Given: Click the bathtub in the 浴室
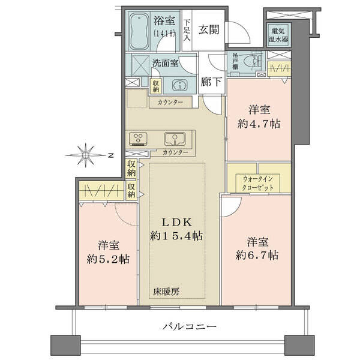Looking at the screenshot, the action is (139, 31).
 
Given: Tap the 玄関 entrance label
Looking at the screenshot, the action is (209, 30).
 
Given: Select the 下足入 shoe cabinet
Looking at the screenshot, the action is (187, 31).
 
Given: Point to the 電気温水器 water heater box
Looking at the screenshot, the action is (278, 35).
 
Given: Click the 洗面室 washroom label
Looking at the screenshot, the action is (166, 63).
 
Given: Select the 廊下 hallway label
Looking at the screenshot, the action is (211, 82).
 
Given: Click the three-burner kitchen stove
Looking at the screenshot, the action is (138, 139).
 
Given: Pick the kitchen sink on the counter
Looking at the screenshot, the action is (175, 139).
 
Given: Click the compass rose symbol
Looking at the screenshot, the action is (86, 155).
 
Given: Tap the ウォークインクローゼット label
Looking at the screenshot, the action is (258, 183).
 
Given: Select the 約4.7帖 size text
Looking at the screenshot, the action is (259, 124).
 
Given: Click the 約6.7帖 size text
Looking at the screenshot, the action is (257, 256).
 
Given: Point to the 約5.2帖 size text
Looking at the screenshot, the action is (108, 259).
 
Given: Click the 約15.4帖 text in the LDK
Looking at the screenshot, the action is (176, 236).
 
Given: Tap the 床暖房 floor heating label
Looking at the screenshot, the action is (166, 292).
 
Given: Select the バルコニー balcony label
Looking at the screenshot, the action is (190, 326).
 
